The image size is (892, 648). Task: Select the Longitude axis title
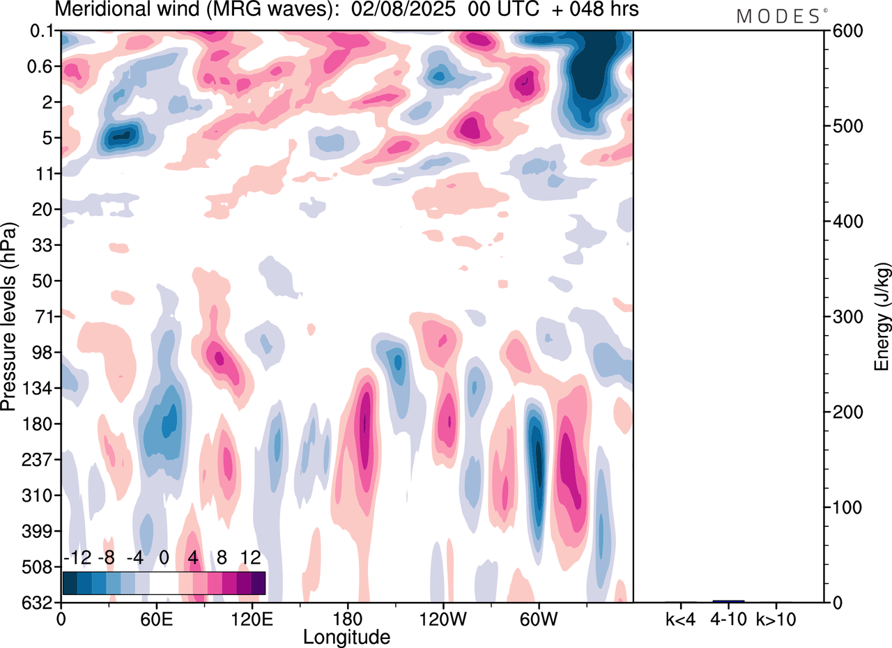click(x=346, y=636)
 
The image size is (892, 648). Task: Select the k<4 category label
click(x=680, y=618)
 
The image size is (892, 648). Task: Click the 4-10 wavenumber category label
click(x=728, y=618)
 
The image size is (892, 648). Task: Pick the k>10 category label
click(x=777, y=618)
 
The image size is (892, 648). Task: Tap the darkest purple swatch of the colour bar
click(x=259, y=583)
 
